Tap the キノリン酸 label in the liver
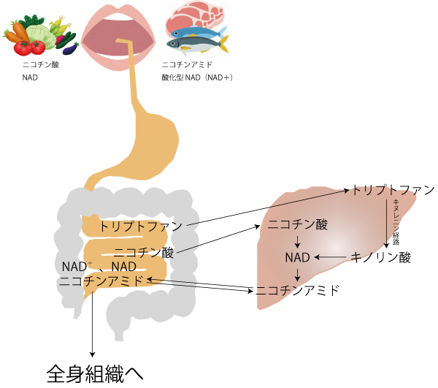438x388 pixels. (x=381, y=257)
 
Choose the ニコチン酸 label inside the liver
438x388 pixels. (x=298, y=224)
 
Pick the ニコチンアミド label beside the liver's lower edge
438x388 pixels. (x=297, y=290)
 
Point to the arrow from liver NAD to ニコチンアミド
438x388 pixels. (x=298, y=274)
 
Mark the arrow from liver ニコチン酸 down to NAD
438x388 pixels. (x=298, y=241)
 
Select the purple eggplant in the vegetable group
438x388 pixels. (x=69, y=49)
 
